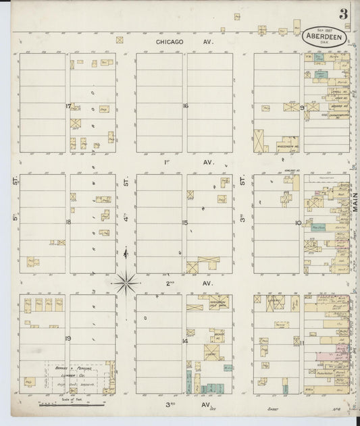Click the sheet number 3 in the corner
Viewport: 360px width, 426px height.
tap(344, 14)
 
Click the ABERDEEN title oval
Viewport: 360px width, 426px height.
tap(325, 38)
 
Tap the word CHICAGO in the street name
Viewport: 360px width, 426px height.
tap(170, 42)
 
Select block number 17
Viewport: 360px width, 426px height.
tap(68, 106)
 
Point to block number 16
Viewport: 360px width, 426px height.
tap(184, 106)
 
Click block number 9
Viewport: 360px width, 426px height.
tap(302, 107)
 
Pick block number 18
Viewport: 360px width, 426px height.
tap(68, 221)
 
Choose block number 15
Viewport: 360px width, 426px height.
tap(184, 221)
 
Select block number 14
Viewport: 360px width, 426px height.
tap(184, 340)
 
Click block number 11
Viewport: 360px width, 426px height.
tap(302, 344)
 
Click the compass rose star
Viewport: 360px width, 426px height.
tap(126, 282)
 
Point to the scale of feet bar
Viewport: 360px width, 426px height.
tap(71, 404)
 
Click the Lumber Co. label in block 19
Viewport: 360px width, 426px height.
tap(70, 370)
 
